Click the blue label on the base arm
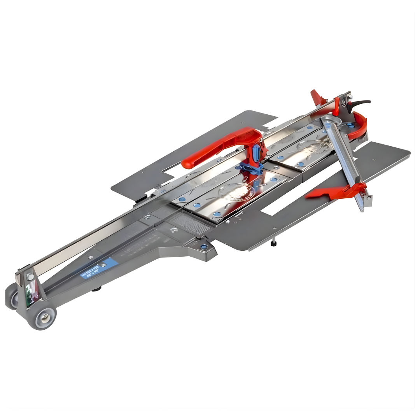click(99, 268)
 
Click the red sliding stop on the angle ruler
click(338, 192)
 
